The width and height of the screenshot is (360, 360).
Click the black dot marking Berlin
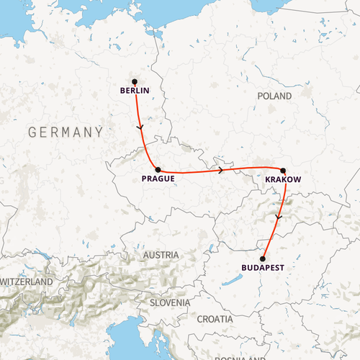coord(135,81)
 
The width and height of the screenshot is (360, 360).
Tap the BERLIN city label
coord(135,91)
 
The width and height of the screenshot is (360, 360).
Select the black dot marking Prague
coord(158,169)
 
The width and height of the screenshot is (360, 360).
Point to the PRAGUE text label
coord(158,179)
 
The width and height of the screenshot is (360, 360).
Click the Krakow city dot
coord(284,171)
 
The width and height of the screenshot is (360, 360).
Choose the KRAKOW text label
coord(283,179)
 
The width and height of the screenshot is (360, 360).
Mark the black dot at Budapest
coord(263,258)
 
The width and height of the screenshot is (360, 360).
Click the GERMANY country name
coord(65,132)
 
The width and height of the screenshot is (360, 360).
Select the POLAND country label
coord(274,96)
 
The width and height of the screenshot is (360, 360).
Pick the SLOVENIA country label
coord(170,303)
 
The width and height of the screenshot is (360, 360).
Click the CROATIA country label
coord(215,318)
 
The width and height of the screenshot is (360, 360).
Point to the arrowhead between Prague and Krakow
coord(220,171)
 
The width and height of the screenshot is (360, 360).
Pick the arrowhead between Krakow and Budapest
coord(277,215)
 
